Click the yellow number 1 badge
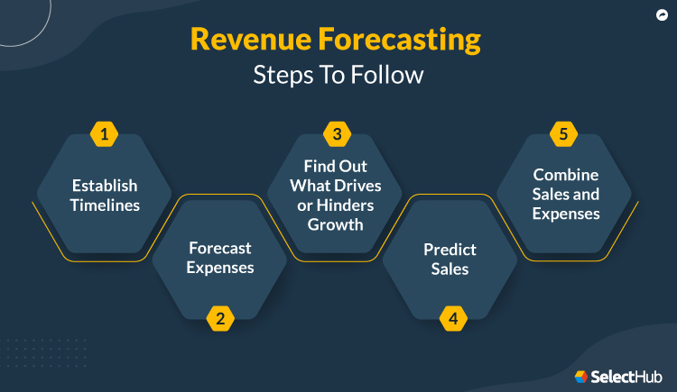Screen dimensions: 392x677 105,135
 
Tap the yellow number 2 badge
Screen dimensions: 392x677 218,317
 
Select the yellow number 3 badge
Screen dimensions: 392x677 337,135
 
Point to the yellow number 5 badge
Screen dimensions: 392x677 564,135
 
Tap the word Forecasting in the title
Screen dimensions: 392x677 409,41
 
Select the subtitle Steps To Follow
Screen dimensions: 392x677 338,75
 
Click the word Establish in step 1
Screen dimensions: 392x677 105,186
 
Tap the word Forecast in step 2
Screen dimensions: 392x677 219,248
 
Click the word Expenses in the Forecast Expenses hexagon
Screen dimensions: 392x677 219,267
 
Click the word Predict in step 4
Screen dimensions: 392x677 450,249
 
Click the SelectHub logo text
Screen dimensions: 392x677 628,376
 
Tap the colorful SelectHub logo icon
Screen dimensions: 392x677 581,376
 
